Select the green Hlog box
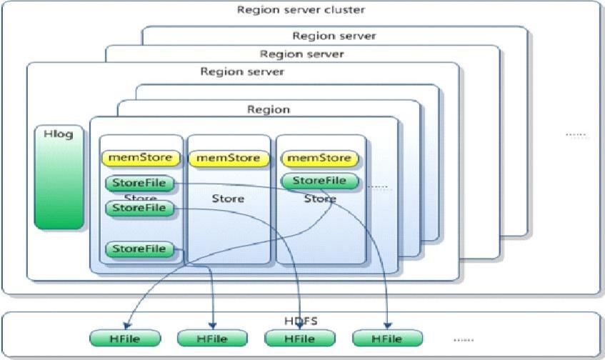(x=59, y=179)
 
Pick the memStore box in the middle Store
(x=228, y=157)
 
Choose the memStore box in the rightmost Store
(x=319, y=157)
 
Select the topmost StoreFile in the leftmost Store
(x=139, y=184)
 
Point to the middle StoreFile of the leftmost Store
(x=139, y=208)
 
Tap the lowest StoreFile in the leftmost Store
(x=139, y=249)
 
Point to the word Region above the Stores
(x=268, y=109)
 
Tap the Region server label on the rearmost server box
(x=334, y=36)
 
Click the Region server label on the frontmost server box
(x=242, y=71)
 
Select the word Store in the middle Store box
(x=228, y=199)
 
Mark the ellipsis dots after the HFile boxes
(x=463, y=339)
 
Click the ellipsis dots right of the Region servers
(x=576, y=134)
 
